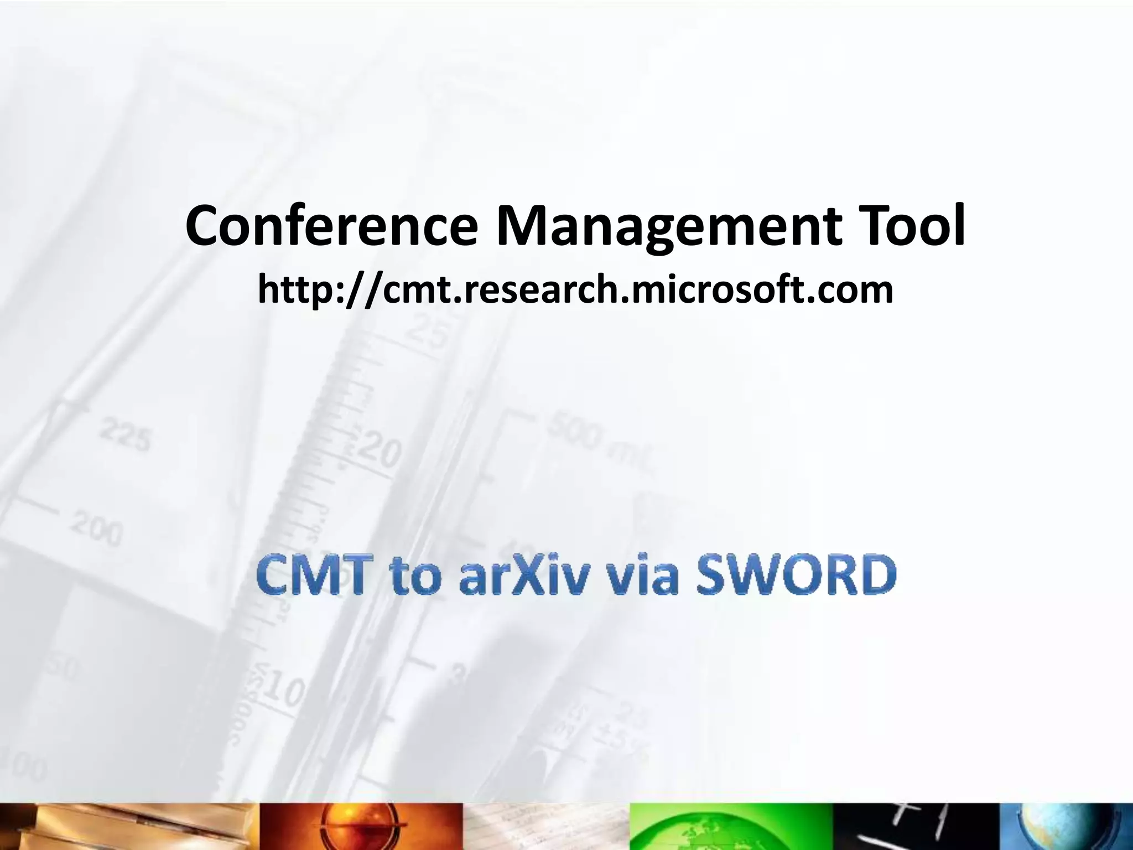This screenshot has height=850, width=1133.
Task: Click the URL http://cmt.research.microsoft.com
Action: point(575,290)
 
